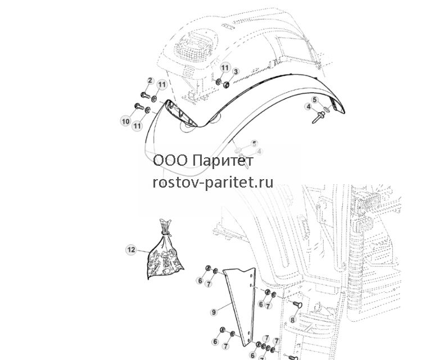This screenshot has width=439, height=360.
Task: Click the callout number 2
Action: coord(150,80)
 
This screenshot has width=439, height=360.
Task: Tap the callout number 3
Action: coord(236,72)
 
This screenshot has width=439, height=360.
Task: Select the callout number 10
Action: coord(126,121)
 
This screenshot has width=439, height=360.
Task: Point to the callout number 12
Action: coord(132,249)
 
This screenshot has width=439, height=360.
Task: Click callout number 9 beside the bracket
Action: coord(214,312)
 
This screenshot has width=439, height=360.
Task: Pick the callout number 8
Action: coord(293,320)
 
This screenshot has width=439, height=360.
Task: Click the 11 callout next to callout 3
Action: coord(225,68)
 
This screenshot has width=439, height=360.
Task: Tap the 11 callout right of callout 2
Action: coord(162,84)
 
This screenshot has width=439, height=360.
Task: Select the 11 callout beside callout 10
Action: coord(137,126)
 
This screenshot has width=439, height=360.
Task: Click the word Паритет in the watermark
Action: coord(223,161)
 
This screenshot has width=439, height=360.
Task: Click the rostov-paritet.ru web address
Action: coord(213,183)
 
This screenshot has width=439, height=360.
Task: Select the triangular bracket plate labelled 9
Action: coord(241,306)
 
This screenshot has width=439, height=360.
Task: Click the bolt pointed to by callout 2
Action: coord(144,95)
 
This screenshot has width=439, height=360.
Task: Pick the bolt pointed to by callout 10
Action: coord(139,106)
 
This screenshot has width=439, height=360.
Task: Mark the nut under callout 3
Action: coord(226,84)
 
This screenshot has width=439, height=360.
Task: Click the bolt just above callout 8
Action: coord(297,304)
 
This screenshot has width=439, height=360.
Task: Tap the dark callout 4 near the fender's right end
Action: coord(309,107)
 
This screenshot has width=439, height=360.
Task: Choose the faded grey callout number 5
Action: coord(254,144)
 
